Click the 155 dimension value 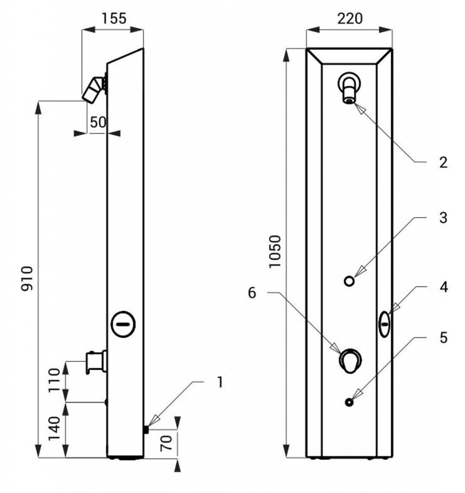tap(114, 19)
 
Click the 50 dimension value tap(98, 122)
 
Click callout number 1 tap(220, 382)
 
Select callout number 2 tap(443, 162)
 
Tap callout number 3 tap(443, 218)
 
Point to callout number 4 tap(443, 287)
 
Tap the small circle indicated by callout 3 tap(349, 281)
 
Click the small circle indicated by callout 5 tap(349, 402)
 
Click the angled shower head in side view tap(93, 90)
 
